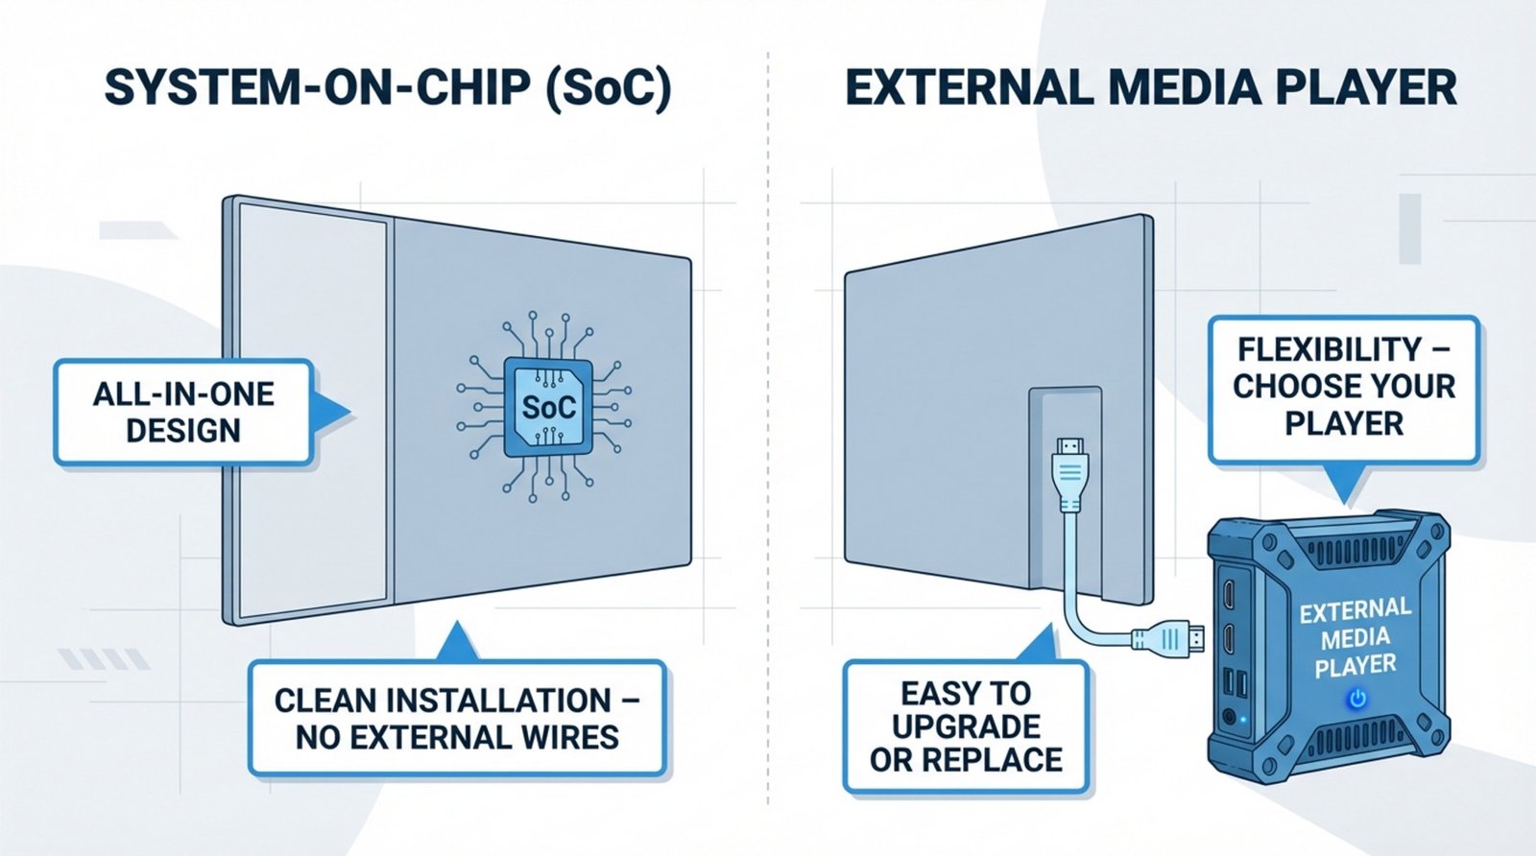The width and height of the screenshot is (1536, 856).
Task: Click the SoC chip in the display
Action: [x=548, y=408]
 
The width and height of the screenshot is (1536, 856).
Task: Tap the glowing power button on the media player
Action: [x=1356, y=698]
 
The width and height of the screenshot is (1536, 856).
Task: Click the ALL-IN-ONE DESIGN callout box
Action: [x=183, y=412]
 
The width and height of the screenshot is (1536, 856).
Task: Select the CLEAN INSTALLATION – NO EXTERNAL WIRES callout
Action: [x=457, y=718]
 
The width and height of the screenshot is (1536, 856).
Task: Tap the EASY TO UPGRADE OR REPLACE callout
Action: [x=966, y=725]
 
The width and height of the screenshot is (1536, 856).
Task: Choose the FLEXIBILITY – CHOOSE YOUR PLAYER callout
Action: [x=1343, y=387]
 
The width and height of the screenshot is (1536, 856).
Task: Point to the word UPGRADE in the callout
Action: [x=966, y=726]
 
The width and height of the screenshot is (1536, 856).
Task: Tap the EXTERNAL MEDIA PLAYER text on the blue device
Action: [x=1356, y=637]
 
